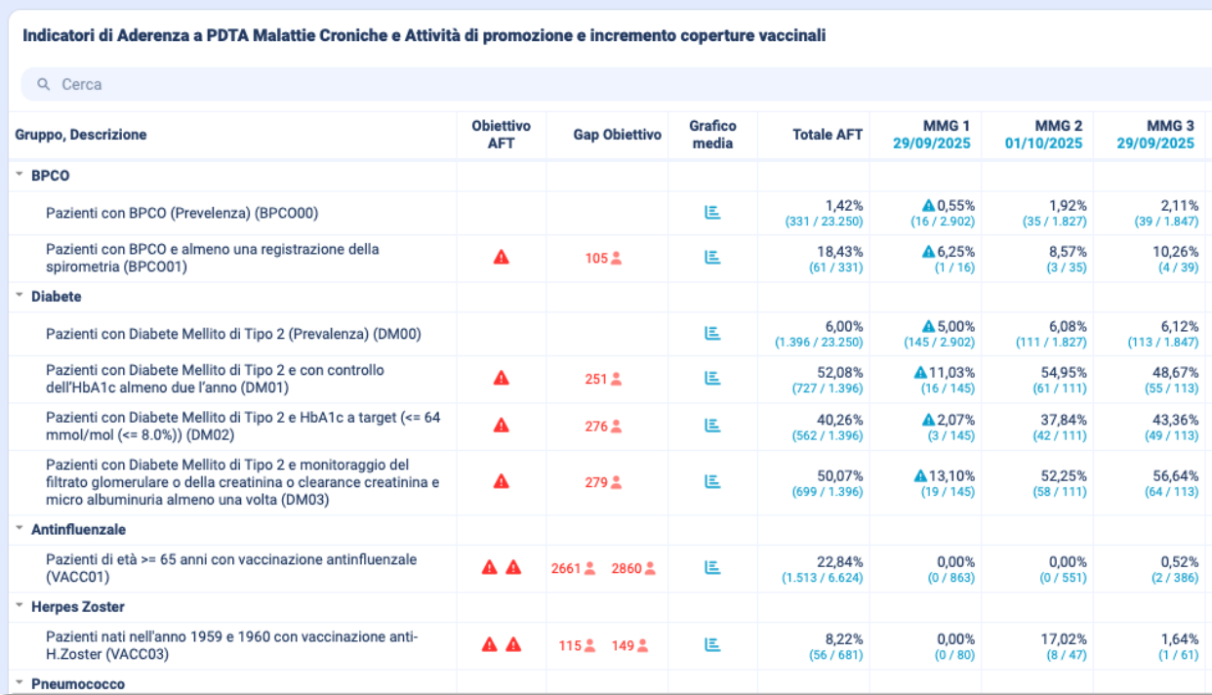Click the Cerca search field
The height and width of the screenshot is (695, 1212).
pos(390,85)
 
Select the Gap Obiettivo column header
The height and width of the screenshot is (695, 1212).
pos(617,135)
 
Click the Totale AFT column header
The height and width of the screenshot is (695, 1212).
pos(828,135)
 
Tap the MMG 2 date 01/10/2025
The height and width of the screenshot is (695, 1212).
pos(1043,143)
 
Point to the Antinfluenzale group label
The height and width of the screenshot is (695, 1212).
pos(79,529)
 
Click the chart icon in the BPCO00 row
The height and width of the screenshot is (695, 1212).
pos(712,213)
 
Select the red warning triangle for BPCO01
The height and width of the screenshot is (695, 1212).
pos(502,258)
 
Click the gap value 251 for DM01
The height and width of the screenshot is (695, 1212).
pos(596,379)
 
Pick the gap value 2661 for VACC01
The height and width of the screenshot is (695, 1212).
pos(566,568)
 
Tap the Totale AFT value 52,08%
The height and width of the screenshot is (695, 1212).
pos(840,372)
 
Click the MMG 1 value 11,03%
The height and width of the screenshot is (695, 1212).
pos(951,372)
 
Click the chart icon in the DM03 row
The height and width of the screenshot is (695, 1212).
pos(712,481)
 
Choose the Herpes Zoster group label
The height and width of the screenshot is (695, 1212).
pos(78,607)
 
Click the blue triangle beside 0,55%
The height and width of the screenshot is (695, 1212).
pos(929,206)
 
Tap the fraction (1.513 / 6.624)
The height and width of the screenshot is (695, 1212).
pos(822,578)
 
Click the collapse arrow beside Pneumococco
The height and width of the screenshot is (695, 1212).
pos(20,682)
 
